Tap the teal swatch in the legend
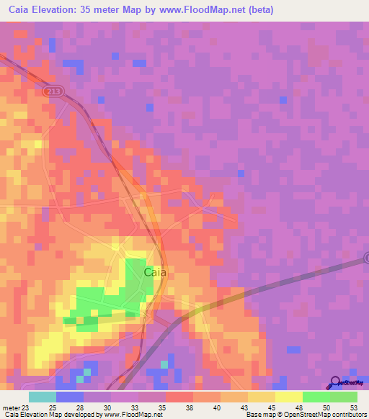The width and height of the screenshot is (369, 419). click(42, 397)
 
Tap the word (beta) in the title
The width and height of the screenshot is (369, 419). click(257, 11)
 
